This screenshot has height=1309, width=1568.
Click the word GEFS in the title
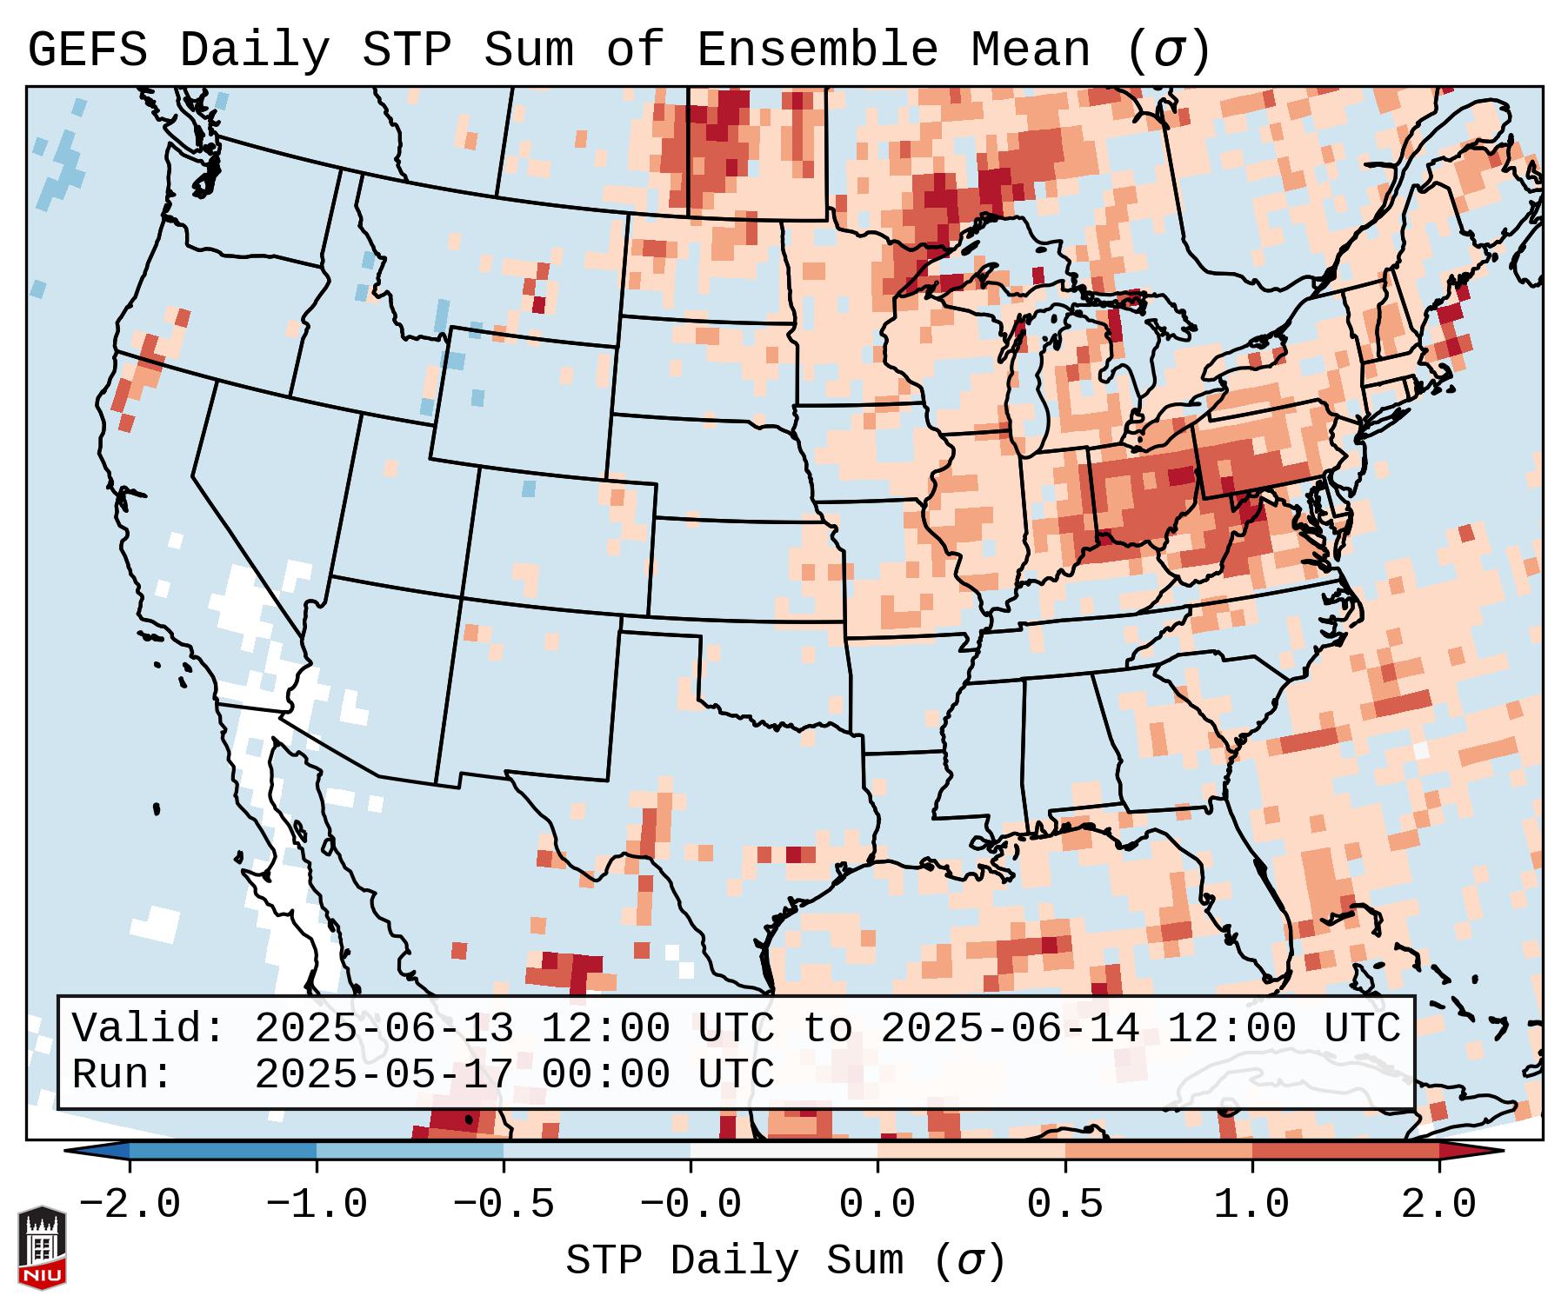pos(87,50)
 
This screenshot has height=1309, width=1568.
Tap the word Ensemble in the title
pos(817,50)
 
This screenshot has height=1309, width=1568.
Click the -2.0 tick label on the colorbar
pos(130,1204)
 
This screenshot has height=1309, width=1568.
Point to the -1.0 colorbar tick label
pos(317,1204)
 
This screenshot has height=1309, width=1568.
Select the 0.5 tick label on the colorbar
pos(1064,1204)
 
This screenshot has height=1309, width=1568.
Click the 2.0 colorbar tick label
pos(1438,1204)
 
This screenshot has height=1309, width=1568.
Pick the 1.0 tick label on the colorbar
pos(1251,1204)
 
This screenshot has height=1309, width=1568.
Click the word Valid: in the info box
pos(149,1028)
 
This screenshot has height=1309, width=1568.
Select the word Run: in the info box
pos(123,1074)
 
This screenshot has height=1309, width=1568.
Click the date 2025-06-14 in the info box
pos(1010,1028)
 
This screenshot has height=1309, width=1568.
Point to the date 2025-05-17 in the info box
pos(384,1074)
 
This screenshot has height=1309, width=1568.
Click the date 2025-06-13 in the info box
pos(384,1028)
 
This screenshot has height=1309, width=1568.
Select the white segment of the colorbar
pos(784,1151)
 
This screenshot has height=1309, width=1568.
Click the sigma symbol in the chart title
pos(1168,50)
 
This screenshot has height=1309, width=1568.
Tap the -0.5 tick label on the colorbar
pos(504,1204)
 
